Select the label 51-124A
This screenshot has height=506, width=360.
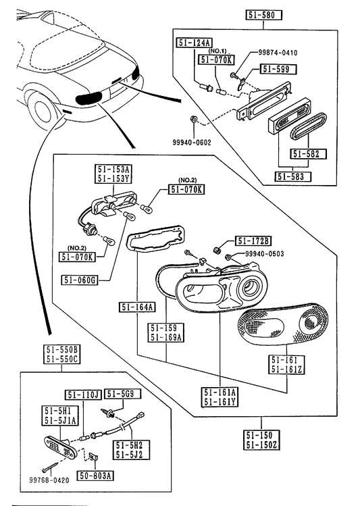[195, 43]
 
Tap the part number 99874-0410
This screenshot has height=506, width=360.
[278, 52]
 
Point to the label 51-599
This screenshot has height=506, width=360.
[279, 69]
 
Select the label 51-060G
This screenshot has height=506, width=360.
[80, 280]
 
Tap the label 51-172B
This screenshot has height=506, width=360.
[253, 241]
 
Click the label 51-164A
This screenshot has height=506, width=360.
[137, 307]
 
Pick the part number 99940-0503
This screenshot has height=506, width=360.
[265, 254]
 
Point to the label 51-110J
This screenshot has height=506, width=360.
[84, 395]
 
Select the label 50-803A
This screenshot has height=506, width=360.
[95, 476]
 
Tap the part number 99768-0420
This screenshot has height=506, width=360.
[49, 480]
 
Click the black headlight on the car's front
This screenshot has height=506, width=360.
[88, 97]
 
